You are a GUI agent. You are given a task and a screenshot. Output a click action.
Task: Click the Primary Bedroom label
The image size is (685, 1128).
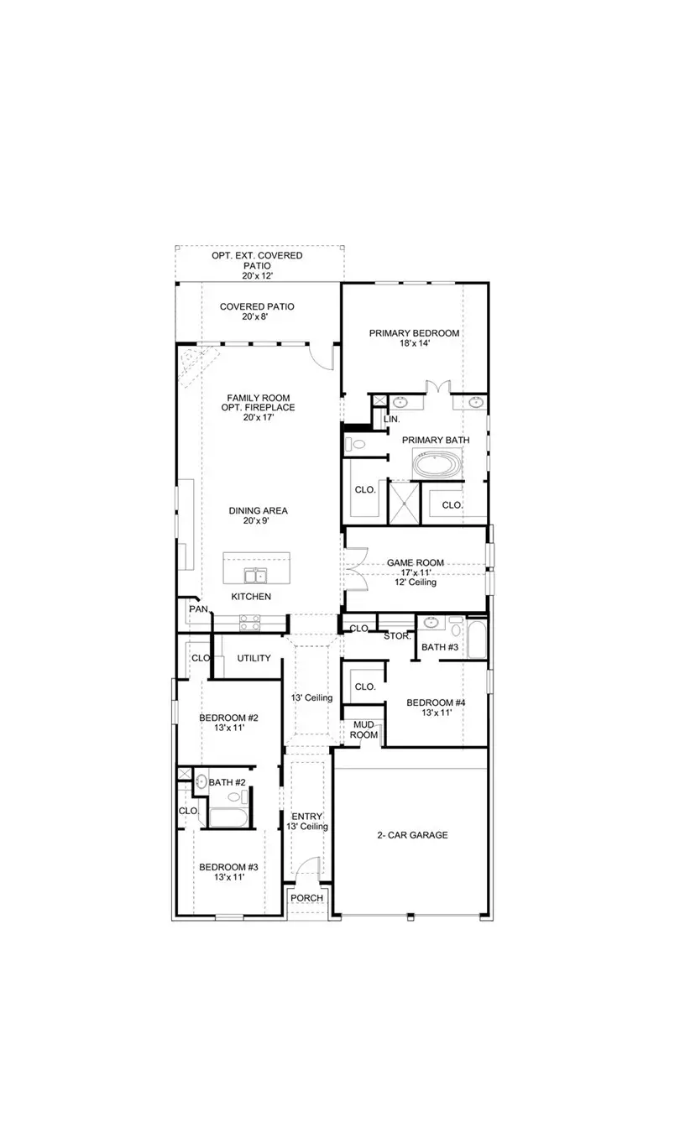pyautogui.click(x=414, y=333)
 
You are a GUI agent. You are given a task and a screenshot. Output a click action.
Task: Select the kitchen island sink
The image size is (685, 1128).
pyautogui.click(x=255, y=575)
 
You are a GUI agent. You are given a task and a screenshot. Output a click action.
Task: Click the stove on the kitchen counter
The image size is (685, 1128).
pyautogui.click(x=250, y=622)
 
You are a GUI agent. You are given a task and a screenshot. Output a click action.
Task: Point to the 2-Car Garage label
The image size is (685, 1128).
pyautogui.click(x=411, y=835)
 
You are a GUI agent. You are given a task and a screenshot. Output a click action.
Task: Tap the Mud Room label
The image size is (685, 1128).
pyautogui.click(x=363, y=729)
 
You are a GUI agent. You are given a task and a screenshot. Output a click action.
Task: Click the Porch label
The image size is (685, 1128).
pyautogui.click(x=306, y=898)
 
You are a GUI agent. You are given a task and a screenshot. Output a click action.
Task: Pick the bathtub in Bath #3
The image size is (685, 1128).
pyautogui.click(x=476, y=640)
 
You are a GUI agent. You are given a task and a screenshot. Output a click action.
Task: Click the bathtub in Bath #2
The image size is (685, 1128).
pyautogui.click(x=226, y=817)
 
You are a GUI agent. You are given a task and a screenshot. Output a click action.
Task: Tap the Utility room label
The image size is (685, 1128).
pyautogui.click(x=254, y=658)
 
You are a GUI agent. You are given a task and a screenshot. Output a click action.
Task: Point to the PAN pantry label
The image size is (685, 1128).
pyautogui.click(x=198, y=609)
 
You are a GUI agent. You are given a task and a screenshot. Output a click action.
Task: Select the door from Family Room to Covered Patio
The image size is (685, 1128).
pyautogui.click(x=322, y=356)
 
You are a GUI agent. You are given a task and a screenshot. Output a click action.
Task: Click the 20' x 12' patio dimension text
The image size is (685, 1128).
pyautogui.click(x=257, y=275)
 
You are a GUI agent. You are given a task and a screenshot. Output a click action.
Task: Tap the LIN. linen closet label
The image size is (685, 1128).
pyautogui.click(x=391, y=418)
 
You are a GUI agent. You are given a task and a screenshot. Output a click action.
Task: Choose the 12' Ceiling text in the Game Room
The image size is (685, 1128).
pyautogui.click(x=416, y=582)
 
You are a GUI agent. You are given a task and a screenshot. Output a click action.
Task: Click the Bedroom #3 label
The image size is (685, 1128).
pyautogui.click(x=227, y=867)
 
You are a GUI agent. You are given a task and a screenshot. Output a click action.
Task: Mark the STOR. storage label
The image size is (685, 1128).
pyautogui.click(x=397, y=636)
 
